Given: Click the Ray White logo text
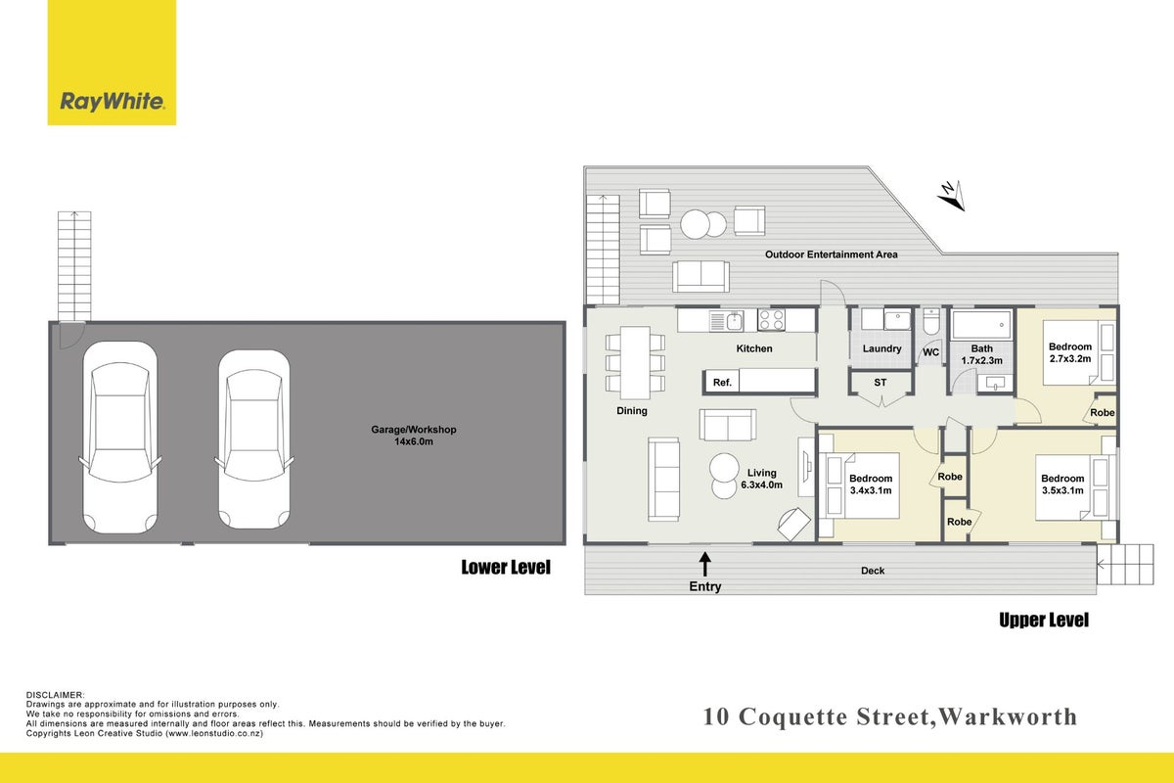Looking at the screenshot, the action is pyautogui.click(x=113, y=101).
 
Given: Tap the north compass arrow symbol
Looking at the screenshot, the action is pyautogui.click(x=952, y=195).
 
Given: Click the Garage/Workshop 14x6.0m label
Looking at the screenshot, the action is pyautogui.click(x=414, y=436).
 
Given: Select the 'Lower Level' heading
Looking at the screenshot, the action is pyautogui.click(x=506, y=567).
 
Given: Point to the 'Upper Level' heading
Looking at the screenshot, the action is pyautogui.click(x=1044, y=620).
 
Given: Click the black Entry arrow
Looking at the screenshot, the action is pyautogui.click(x=705, y=565).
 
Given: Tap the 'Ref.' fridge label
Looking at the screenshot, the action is pyautogui.click(x=722, y=383).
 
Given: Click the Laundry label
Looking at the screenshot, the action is pyautogui.click(x=882, y=348).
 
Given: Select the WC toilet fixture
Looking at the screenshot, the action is pyautogui.click(x=931, y=321).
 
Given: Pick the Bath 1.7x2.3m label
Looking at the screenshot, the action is pyautogui.click(x=981, y=354).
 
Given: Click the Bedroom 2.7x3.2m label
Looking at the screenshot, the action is pyautogui.click(x=1069, y=352).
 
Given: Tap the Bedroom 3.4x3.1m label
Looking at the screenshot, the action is pyautogui.click(x=871, y=484).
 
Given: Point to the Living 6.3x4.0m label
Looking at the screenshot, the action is pyautogui.click(x=761, y=479).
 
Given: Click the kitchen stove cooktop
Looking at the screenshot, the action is pyautogui.click(x=771, y=319).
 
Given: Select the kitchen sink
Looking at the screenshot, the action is pyautogui.click(x=726, y=320).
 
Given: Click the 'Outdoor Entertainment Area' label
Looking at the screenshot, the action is pyautogui.click(x=832, y=254).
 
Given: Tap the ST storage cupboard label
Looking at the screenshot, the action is pyautogui.click(x=880, y=383).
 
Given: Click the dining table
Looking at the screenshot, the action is pyautogui.click(x=635, y=362).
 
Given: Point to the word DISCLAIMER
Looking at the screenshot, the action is pyautogui.click(x=55, y=695).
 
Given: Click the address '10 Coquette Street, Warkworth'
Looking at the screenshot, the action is pyautogui.click(x=890, y=716).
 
